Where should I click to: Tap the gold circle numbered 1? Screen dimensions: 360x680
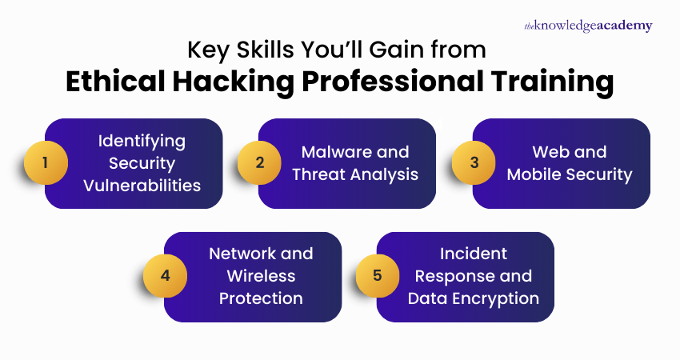(45, 163)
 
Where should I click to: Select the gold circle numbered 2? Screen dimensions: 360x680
(259, 163)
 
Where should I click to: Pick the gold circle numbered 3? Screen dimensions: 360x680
(474, 163)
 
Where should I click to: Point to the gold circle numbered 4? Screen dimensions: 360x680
(165, 276)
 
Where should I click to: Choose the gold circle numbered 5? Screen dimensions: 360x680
(378, 276)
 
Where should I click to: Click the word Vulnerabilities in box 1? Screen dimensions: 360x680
(142, 186)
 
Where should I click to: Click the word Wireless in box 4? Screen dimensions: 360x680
(262, 276)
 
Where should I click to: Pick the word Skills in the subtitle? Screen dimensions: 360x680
(257, 50)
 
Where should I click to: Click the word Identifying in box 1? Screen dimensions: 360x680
(142, 141)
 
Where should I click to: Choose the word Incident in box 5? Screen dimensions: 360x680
(474, 254)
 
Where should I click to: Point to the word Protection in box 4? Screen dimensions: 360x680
(262, 298)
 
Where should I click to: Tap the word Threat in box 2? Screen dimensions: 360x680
(314, 174)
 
